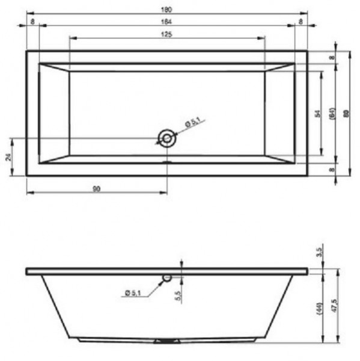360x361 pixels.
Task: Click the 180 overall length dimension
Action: [167, 9]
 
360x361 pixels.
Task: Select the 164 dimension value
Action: [167, 22]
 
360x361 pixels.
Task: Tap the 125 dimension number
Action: [167, 34]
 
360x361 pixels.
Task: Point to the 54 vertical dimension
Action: [318, 113]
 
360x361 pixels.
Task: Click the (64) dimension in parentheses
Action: [331, 113]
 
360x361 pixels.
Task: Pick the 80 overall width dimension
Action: [346, 113]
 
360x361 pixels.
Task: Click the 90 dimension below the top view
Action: [96, 188]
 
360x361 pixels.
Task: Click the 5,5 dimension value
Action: [178, 296]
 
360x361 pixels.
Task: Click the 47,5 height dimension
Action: [334, 305]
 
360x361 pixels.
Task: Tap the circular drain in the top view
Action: [166, 138]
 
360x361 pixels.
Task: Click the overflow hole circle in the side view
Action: [167, 278]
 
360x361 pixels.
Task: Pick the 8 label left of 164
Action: [32, 22]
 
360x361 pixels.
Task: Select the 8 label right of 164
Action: [302, 22]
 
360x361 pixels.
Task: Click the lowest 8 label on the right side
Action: [331, 170]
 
